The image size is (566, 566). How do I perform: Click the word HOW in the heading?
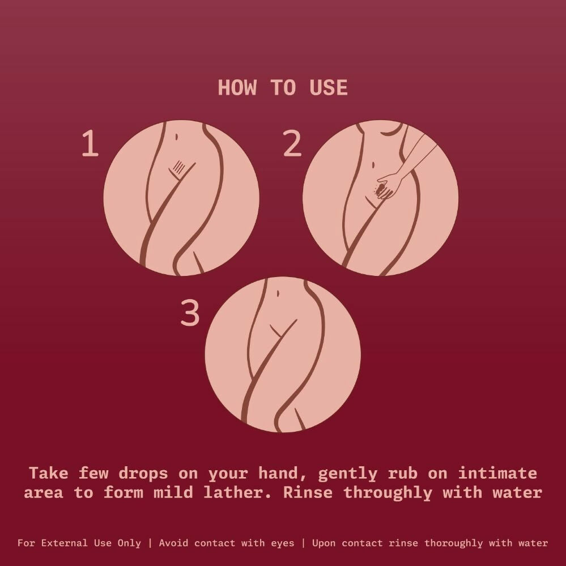coord(237,88)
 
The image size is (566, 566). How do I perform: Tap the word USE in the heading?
coord(329,88)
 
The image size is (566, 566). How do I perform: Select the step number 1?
coord(90,143)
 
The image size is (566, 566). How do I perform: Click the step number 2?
coord(292,143)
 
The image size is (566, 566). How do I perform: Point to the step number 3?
coord(190,313)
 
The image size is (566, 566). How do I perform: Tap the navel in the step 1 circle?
coord(176,137)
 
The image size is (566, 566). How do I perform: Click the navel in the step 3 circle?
coord(278,293)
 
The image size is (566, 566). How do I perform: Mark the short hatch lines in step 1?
coord(178,167)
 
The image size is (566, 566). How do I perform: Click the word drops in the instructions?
coord(143,473)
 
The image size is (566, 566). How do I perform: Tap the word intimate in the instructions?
coord(497,473)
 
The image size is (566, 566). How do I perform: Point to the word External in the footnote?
coord(64,543)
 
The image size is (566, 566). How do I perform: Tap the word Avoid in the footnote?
coord(174,543)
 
